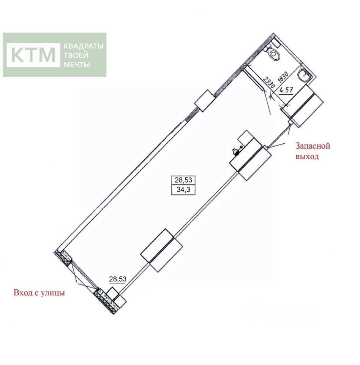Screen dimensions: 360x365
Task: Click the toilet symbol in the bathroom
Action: click(x=273, y=54)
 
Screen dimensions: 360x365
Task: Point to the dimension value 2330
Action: click(x=269, y=82)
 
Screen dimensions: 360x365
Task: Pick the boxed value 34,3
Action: click(x=182, y=189)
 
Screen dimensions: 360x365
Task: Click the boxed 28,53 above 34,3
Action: click(x=182, y=180)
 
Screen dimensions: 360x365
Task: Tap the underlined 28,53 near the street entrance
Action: click(x=118, y=279)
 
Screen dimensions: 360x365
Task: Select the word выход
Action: click(x=307, y=156)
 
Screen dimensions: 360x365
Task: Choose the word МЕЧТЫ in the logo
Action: click(x=76, y=64)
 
